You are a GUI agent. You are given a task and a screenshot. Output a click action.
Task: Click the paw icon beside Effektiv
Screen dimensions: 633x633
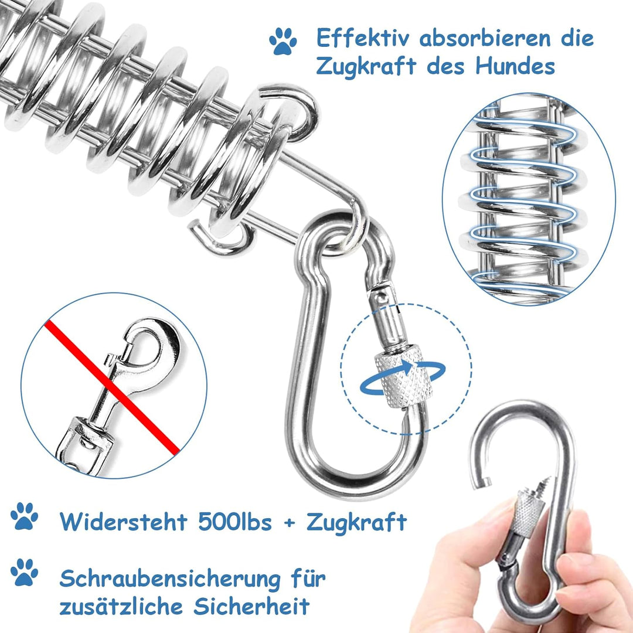coord(283,41)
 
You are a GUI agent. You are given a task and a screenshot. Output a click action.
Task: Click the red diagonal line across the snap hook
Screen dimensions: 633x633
coord(111,387)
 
